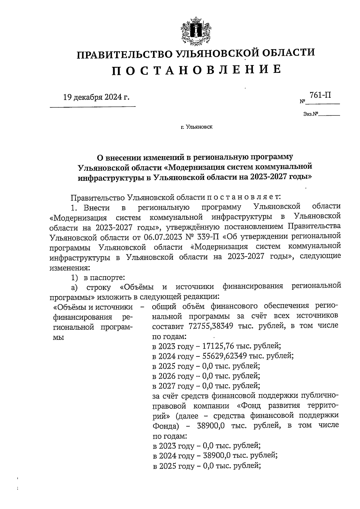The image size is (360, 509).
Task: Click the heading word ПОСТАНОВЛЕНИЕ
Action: pyautogui.click(x=196, y=70)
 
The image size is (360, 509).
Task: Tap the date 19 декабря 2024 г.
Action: pyautogui.click(x=96, y=97)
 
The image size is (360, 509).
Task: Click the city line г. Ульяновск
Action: pyautogui.click(x=196, y=127)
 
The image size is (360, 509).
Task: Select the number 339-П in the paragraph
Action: pyautogui.click(x=209, y=237)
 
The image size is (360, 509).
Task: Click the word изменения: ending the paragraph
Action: pyautogui.click(x=69, y=267)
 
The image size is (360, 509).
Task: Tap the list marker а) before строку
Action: pyautogui.click(x=74, y=287)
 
